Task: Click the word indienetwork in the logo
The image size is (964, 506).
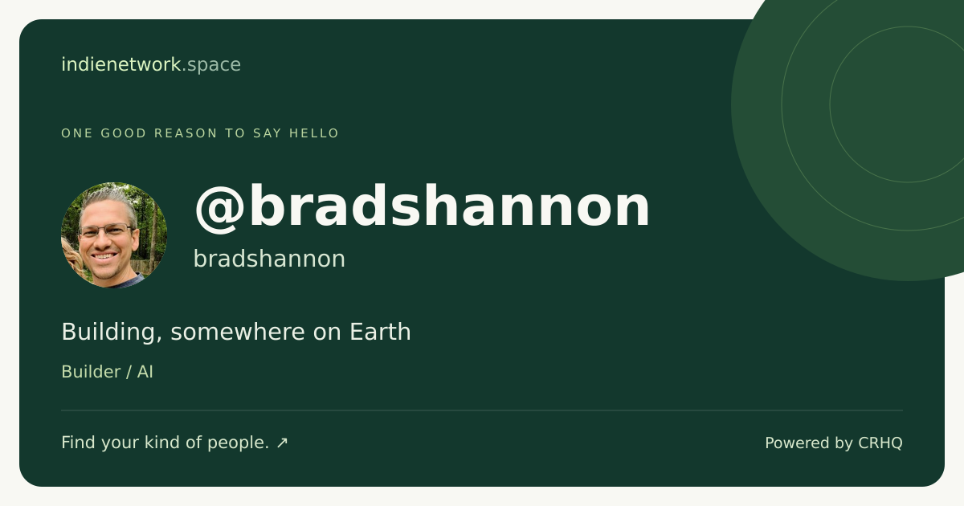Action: coord(121,64)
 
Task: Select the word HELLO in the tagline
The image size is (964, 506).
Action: coord(314,133)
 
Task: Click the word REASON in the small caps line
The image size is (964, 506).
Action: coord(186,133)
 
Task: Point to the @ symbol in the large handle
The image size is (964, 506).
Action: coord(220,209)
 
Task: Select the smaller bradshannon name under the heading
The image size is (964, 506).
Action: coord(269,259)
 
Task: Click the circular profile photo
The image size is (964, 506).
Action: coord(114,235)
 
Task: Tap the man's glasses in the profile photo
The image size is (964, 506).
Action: coord(105,232)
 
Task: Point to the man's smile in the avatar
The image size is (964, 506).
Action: coord(104,257)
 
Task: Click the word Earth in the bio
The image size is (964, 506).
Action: coord(380,332)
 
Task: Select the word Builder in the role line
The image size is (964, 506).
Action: coord(92,371)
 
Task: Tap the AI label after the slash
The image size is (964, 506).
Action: coord(145,371)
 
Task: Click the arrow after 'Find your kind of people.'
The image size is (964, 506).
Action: coord(282,443)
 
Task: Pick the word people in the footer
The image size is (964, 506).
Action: coord(238,443)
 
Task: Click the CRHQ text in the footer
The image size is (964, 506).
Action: coord(880,443)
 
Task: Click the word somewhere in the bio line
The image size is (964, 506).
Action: coord(239,333)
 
